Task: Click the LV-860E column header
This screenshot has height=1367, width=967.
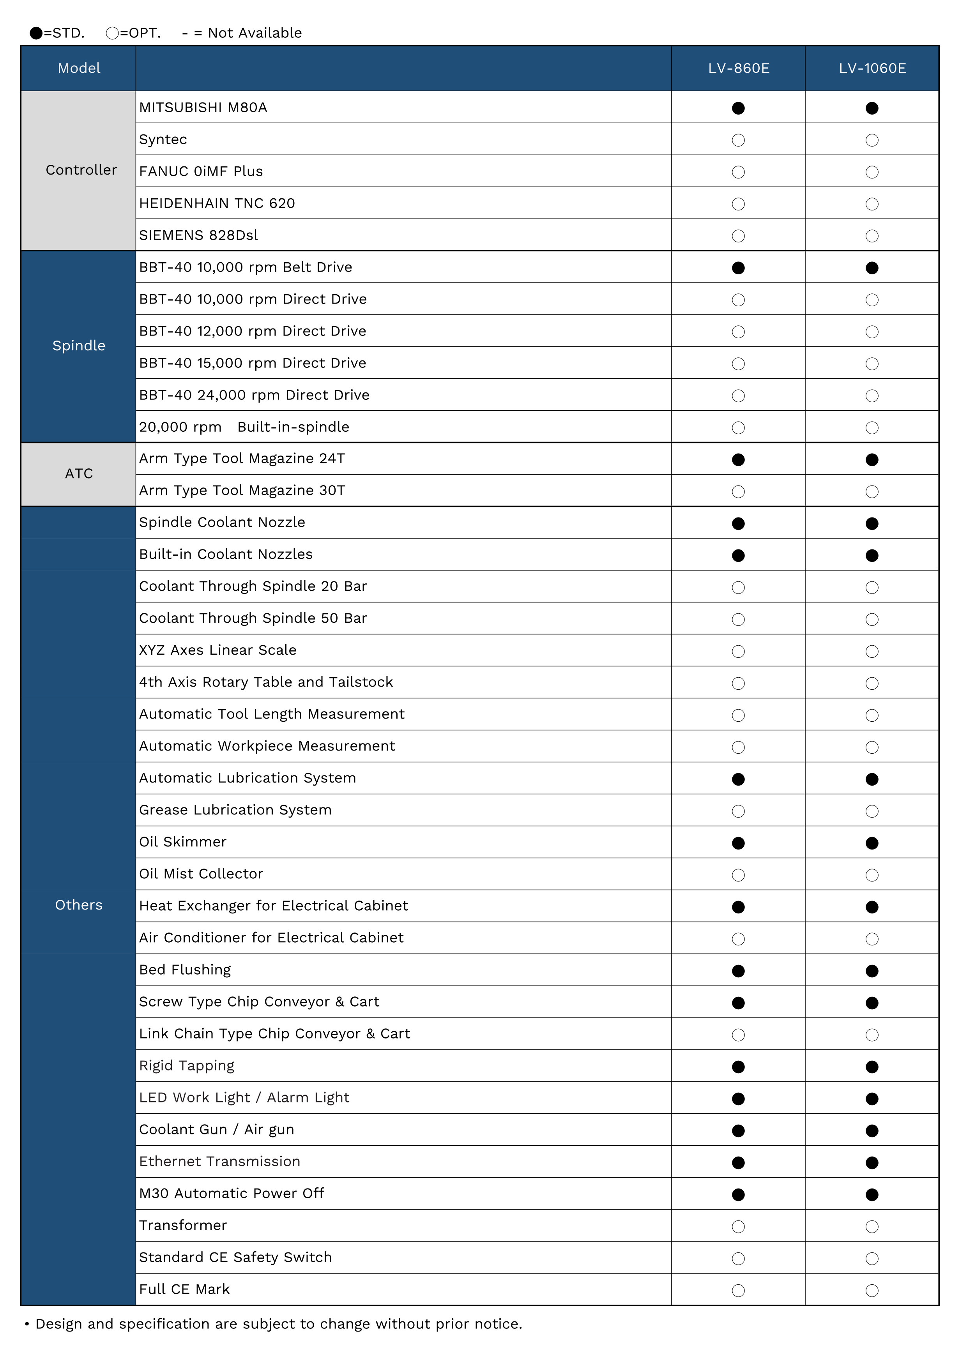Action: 738,69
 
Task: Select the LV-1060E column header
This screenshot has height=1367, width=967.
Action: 872,69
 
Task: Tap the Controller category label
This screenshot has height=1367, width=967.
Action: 81,170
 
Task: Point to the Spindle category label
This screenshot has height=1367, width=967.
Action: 79,346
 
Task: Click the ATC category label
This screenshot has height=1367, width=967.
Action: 79,474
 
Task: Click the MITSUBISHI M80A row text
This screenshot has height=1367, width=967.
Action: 203,108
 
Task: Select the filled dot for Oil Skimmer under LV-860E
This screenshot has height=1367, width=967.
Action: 738,843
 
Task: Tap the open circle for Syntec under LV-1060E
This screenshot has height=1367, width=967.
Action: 872,141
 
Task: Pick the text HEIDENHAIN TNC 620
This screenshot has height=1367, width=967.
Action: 217,204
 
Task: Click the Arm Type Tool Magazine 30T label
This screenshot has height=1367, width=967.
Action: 242,491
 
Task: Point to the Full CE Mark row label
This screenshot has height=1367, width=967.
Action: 184,1289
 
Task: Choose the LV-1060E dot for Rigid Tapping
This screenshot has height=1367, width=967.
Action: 872,1067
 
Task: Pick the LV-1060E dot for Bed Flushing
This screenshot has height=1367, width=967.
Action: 872,971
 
